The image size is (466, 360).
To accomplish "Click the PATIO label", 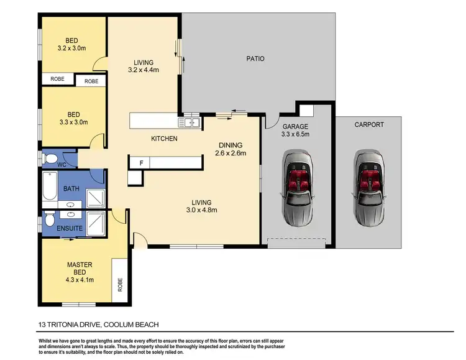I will tap(255, 59).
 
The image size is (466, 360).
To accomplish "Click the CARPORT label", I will tap(369, 124).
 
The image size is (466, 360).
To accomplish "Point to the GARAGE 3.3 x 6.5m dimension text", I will tap(295, 134).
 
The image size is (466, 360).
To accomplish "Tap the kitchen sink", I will tap(188, 122).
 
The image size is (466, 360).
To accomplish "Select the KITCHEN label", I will tap(165, 138).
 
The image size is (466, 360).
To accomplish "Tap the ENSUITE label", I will tap(70, 228).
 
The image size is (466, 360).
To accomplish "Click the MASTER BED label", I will tap(80, 269).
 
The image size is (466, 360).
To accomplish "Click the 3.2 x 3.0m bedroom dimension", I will tap(71, 48).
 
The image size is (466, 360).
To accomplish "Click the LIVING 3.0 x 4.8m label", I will tap(201, 206).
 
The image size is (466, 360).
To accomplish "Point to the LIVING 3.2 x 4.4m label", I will tap(144, 66).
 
